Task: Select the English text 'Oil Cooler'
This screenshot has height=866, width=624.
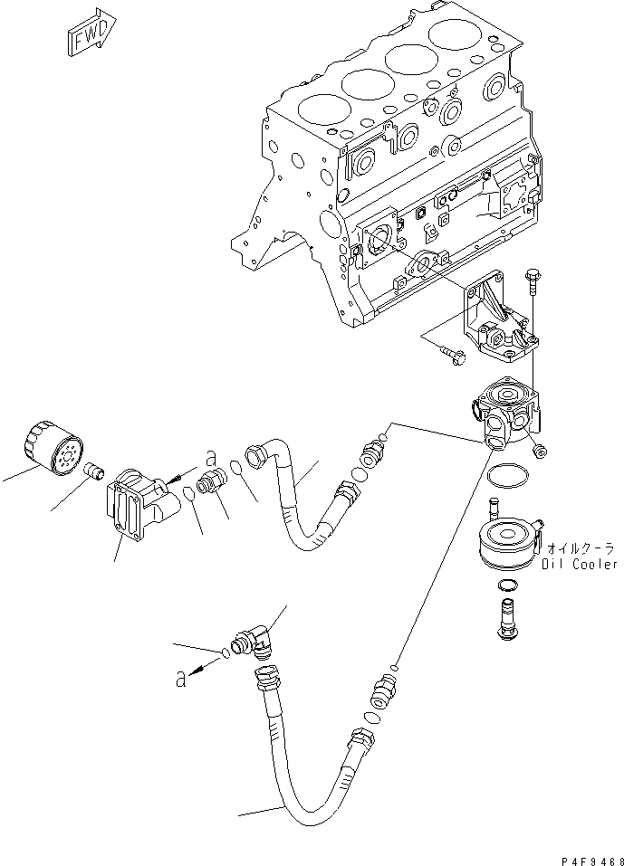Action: pyautogui.click(x=580, y=564)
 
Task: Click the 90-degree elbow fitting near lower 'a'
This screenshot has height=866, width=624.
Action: pyautogui.click(x=262, y=642)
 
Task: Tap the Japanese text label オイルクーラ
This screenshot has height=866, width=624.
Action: pyautogui.click(x=581, y=548)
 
